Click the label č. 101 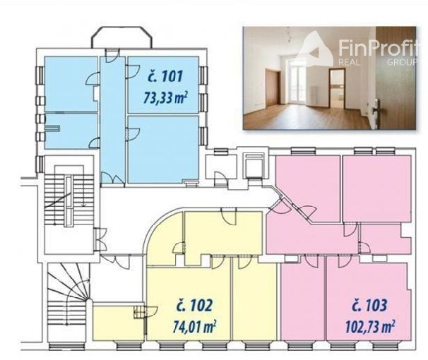165,77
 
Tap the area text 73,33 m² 165,98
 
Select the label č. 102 194,306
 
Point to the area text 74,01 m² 195,326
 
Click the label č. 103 369,306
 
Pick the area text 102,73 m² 370,326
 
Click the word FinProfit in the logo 378,48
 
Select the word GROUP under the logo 402,62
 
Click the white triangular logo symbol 316,49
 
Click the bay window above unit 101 121,37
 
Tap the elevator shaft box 254,166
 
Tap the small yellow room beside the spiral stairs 118,323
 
